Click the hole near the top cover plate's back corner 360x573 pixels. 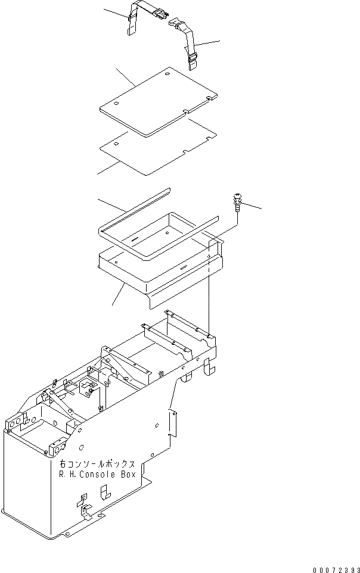(167, 73)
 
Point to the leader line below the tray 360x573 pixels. (118, 294)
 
